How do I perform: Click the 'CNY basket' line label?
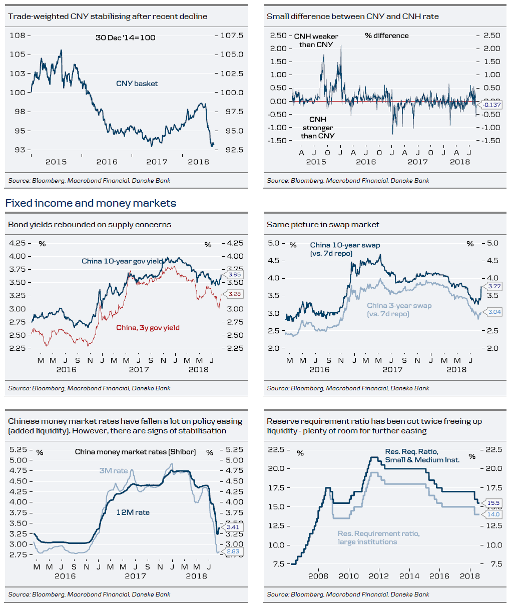point(137,84)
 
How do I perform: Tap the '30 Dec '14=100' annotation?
point(125,38)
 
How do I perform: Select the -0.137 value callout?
point(492,105)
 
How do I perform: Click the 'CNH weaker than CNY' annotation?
point(316,41)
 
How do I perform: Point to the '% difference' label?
point(386,36)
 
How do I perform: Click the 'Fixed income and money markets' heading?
point(91,203)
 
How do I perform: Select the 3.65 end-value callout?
point(234,275)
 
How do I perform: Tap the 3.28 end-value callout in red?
point(234,294)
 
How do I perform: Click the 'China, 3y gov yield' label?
point(148,328)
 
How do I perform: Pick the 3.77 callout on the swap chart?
point(494,286)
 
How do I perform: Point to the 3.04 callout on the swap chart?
point(494,312)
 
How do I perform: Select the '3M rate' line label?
point(114,471)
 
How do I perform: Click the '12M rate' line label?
point(133,512)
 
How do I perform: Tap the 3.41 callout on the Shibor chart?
point(233,527)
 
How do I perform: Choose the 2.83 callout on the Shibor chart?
point(233,551)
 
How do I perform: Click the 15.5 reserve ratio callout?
point(493,503)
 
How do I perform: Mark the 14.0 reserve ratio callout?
point(493,514)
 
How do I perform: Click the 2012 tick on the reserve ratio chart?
point(379,576)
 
